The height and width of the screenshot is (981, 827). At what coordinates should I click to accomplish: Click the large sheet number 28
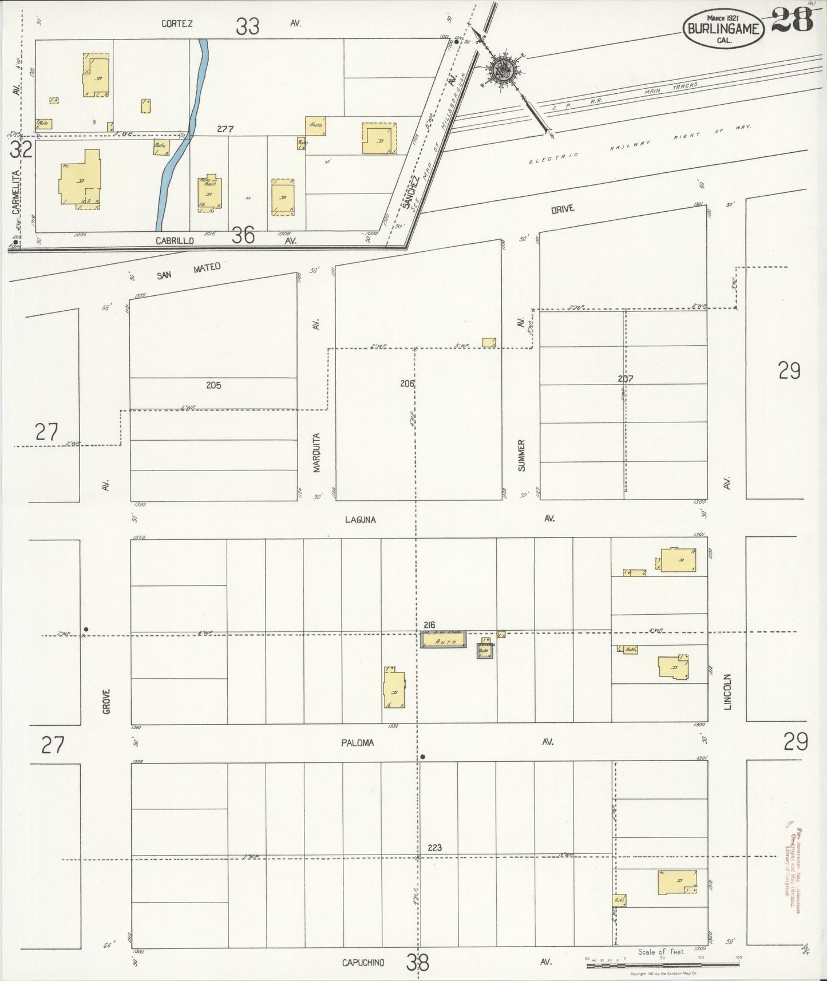tap(792, 21)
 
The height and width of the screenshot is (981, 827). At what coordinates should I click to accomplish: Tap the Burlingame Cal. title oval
tap(723, 28)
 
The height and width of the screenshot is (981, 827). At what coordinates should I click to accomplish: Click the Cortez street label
tap(177, 23)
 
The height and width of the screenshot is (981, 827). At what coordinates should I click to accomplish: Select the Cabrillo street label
tap(175, 241)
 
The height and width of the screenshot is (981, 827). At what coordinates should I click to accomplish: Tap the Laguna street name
tap(361, 520)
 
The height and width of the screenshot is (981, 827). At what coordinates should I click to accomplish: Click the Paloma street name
tap(358, 742)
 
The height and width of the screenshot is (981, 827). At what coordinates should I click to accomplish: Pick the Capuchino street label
tap(363, 963)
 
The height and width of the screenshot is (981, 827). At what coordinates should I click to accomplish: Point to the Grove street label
tap(106, 701)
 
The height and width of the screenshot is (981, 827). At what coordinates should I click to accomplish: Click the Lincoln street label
tap(728, 691)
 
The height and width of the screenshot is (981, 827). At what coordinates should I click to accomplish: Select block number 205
tap(213, 385)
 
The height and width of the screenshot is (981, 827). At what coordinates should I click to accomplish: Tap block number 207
tap(625, 378)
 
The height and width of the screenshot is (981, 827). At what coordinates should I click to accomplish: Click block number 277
tap(225, 129)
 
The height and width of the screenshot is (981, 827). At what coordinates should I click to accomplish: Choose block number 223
tap(434, 847)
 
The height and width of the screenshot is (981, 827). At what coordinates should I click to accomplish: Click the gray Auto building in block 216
tap(444, 640)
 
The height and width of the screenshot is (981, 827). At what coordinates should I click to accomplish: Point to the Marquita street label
tap(316, 452)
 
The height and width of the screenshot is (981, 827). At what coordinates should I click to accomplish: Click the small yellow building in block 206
tap(489, 342)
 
